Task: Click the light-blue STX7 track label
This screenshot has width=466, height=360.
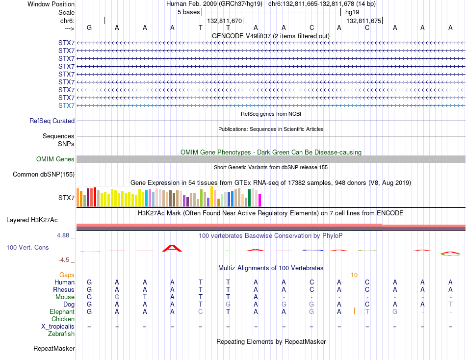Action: tap(66, 105)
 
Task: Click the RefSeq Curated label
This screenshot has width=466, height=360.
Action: tap(52, 121)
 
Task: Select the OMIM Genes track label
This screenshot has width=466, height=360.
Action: tap(55, 159)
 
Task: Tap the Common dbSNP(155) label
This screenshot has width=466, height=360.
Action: tap(44, 174)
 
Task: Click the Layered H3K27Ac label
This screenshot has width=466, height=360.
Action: tap(32, 220)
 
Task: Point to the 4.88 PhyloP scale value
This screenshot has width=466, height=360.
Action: tap(63, 235)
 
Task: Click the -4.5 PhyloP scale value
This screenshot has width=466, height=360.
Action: tap(64, 260)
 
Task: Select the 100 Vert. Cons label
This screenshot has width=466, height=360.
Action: tap(27, 247)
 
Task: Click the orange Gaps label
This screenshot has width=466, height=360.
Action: tap(67, 275)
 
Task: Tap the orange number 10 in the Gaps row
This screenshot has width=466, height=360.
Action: tap(354, 275)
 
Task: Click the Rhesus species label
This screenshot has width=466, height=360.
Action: tap(64, 289)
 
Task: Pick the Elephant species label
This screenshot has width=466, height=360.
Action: tap(62, 311)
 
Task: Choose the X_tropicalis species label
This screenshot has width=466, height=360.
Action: tap(58, 327)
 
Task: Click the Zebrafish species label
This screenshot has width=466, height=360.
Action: tap(61, 334)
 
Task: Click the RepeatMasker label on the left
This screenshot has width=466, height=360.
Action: tap(54, 348)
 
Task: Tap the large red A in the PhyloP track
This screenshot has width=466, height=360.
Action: tap(172, 248)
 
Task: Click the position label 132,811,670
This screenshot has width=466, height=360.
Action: tap(224, 21)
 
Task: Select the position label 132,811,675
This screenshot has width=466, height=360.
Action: tap(364, 21)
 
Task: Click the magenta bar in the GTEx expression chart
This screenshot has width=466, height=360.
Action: tap(260, 201)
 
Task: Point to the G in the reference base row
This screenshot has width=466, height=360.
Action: tap(89, 27)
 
